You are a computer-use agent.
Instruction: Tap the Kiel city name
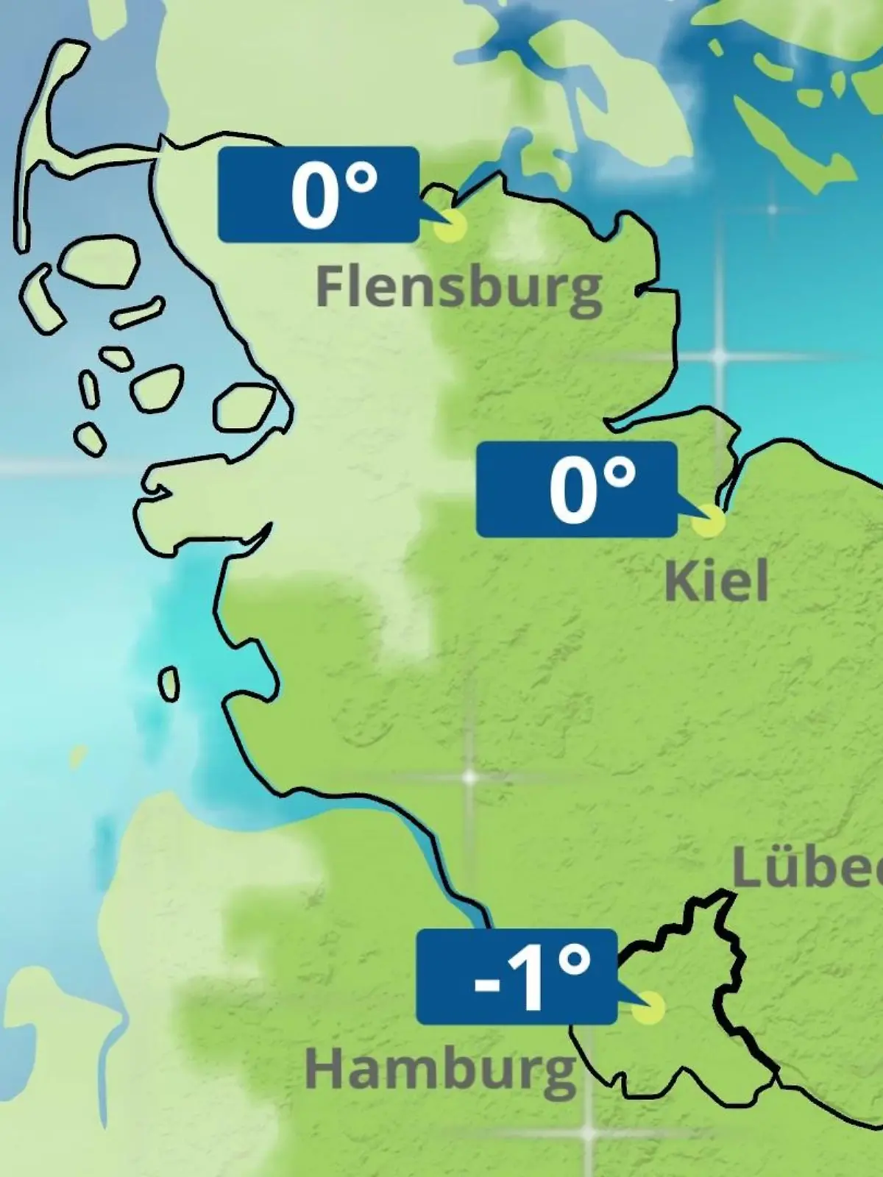716,581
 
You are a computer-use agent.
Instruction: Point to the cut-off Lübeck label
807,870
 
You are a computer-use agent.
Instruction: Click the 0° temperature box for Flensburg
318,194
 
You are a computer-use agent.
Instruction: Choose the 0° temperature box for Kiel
576,489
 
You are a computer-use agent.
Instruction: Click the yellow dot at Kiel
709,521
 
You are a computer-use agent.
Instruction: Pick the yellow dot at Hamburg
648,1007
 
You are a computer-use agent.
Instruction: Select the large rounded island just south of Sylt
100,261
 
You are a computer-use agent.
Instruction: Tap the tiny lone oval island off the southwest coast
169,685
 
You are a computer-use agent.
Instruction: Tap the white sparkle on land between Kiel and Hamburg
469,777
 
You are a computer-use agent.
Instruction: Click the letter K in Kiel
679,581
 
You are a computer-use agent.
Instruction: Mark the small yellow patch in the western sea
77,755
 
